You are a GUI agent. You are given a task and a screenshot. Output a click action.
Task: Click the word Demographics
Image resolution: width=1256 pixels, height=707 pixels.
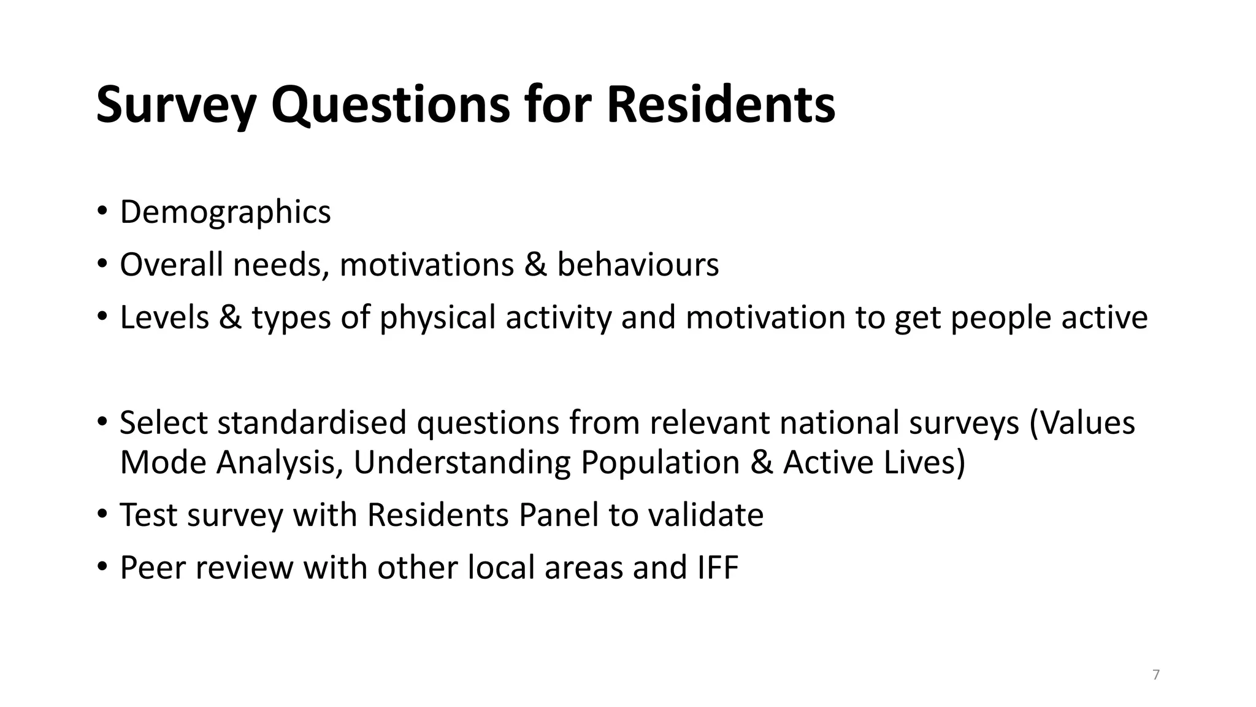point(225,212)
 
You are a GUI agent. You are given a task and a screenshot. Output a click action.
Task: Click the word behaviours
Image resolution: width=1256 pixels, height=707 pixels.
point(638,265)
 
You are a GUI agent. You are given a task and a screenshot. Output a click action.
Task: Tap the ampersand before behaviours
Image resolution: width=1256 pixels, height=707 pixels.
point(535,265)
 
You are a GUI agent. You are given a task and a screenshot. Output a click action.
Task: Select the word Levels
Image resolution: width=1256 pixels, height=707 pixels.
point(164,317)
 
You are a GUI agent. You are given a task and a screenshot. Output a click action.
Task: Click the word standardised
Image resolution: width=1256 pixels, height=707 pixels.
point(312,423)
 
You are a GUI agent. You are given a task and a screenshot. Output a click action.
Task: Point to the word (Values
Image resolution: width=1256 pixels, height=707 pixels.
point(1082,423)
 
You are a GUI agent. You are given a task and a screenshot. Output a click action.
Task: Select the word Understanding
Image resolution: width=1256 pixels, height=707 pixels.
point(462,462)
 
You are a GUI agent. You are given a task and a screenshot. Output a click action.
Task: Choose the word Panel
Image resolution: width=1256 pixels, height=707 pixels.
point(558,515)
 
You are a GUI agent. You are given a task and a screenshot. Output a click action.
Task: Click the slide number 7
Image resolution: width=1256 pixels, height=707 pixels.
point(1156,675)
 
